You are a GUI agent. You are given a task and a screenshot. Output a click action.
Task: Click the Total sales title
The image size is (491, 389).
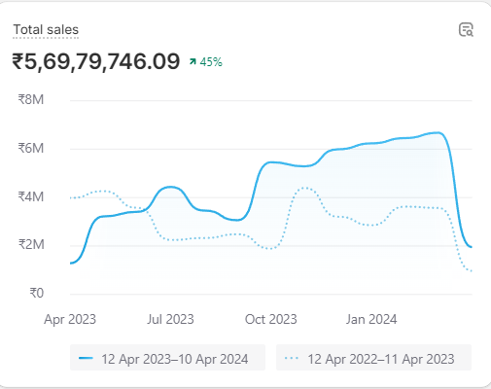click(x=46, y=30)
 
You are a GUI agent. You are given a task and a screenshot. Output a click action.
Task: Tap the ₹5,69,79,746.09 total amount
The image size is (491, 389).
click(x=96, y=61)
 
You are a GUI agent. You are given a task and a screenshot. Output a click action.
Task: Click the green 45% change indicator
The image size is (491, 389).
click(x=211, y=62)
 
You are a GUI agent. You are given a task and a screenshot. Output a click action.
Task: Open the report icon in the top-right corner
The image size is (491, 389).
click(x=466, y=29)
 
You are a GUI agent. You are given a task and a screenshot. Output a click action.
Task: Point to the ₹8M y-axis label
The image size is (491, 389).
click(x=30, y=99)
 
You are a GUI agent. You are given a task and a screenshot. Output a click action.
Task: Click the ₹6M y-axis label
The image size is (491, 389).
click(x=30, y=148)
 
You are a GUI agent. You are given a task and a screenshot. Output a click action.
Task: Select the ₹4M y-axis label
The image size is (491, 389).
click(x=30, y=196)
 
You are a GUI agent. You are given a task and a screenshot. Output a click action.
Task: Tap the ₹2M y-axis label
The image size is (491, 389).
click(x=30, y=244)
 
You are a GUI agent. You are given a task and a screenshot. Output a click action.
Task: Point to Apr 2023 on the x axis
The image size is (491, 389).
click(x=70, y=318)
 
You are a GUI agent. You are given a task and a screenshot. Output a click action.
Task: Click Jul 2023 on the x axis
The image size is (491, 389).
click(x=170, y=318)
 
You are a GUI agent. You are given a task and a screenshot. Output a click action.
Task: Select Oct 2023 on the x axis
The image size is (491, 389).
click(x=270, y=318)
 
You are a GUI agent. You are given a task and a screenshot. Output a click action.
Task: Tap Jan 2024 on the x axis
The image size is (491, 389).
click(x=371, y=318)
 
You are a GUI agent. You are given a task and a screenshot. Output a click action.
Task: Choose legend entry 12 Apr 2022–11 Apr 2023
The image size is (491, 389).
click(x=373, y=359)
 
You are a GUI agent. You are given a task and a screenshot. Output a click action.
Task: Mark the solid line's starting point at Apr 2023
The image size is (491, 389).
click(x=71, y=263)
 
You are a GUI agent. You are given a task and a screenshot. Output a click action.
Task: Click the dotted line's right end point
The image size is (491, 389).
click(x=472, y=271)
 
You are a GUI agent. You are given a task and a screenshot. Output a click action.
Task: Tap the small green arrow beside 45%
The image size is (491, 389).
click(x=193, y=62)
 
